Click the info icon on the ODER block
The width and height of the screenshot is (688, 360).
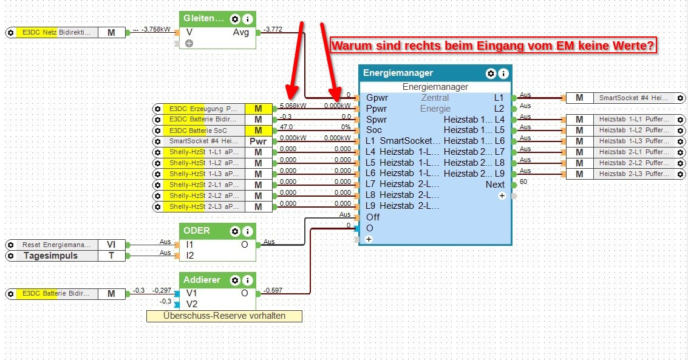tap(247, 231)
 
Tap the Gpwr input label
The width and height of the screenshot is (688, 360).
tap(376, 98)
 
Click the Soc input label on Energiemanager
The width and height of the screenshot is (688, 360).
tap(373, 130)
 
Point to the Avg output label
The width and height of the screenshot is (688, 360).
tap(240, 32)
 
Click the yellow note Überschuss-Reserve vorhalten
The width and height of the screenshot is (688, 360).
tap(224, 316)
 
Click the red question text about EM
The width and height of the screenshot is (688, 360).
tap(493, 46)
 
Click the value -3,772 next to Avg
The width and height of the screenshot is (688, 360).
tap(273, 29)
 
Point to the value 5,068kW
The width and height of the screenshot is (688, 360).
tap(293, 105)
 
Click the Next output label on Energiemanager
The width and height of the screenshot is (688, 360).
tap(495, 185)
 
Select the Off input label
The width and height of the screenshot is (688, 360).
tap(372, 217)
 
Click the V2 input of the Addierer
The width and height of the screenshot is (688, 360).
tap(192, 304)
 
